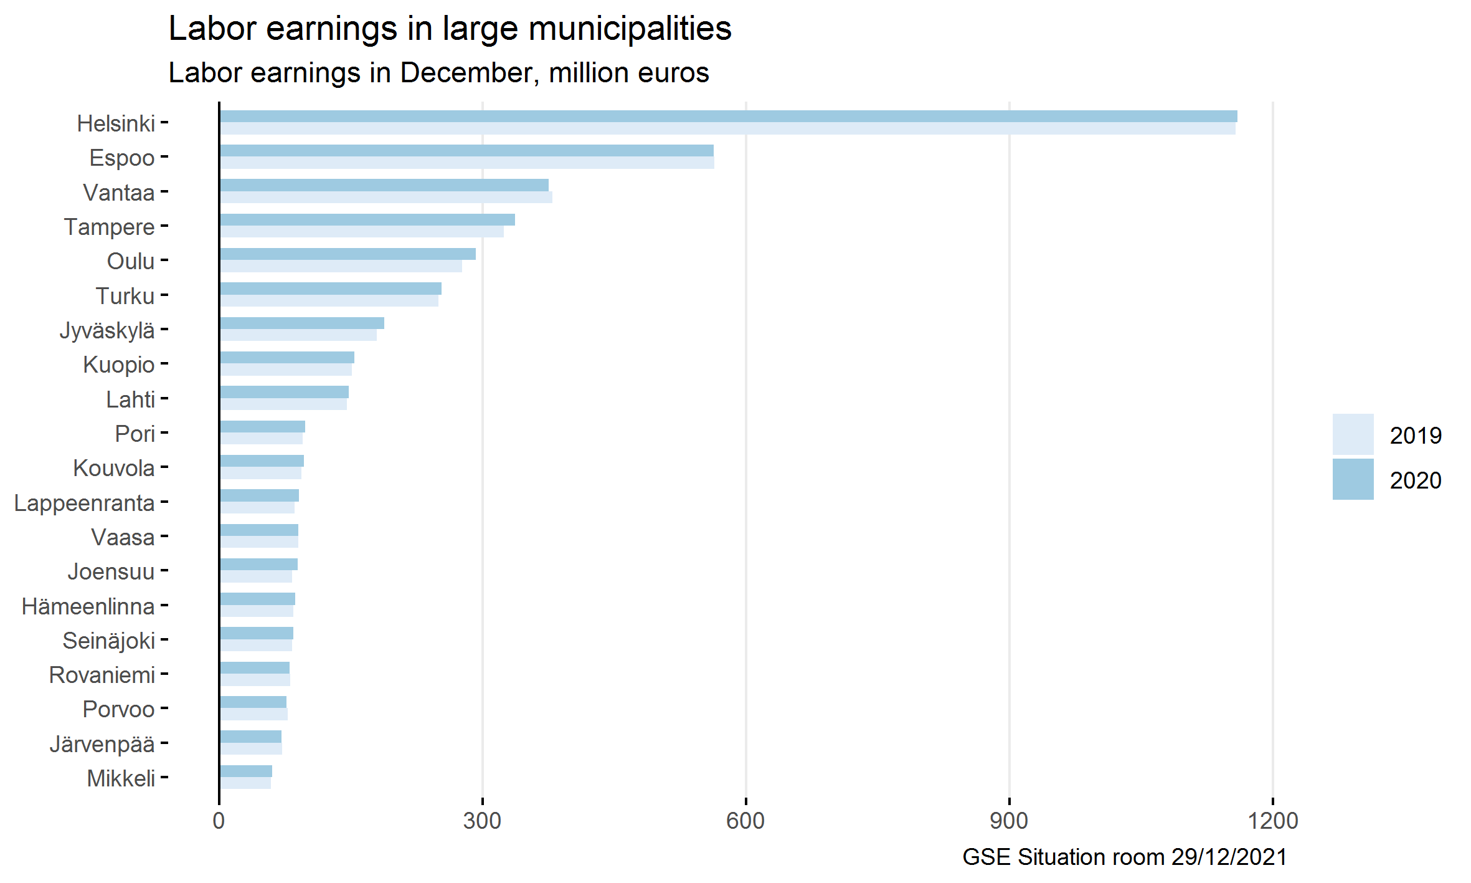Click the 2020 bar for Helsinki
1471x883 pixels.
tap(728, 117)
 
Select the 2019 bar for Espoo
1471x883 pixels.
tap(466, 163)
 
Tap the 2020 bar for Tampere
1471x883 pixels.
tap(367, 220)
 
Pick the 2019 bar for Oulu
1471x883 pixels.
tap(341, 267)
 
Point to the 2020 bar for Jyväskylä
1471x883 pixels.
tap(302, 323)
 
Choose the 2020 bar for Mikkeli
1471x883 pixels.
tap(246, 771)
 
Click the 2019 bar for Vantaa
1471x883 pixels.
tap(385, 198)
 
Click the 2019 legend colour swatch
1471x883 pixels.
tap(1353, 434)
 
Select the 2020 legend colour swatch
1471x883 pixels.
tap(1353, 479)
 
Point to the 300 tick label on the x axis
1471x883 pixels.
tap(482, 821)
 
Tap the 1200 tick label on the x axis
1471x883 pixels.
tap(1272, 821)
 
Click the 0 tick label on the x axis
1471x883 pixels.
tap(219, 821)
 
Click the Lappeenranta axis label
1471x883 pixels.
tap(84, 503)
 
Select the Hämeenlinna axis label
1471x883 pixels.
tap(88, 606)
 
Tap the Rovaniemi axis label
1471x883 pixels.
tap(102, 675)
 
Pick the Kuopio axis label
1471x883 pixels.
tap(118, 365)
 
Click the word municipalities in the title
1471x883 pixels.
tap(630, 29)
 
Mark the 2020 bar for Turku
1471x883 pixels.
tap(331, 289)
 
